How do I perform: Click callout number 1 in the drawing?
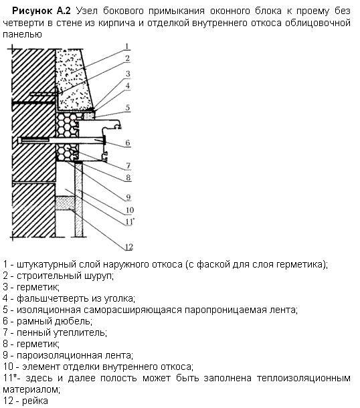(126, 47)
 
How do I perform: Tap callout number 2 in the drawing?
(127, 59)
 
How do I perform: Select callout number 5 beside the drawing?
(127, 108)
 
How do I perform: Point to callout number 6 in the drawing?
(128, 143)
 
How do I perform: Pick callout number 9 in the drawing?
(128, 197)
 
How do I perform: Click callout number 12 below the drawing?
(129, 247)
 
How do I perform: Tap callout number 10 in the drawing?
(130, 210)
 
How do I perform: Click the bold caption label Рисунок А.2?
(41, 11)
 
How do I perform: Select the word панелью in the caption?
(22, 35)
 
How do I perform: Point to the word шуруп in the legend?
(99, 276)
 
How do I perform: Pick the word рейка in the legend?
(35, 401)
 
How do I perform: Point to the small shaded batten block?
(65, 203)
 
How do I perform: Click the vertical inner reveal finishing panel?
(78, 199)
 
